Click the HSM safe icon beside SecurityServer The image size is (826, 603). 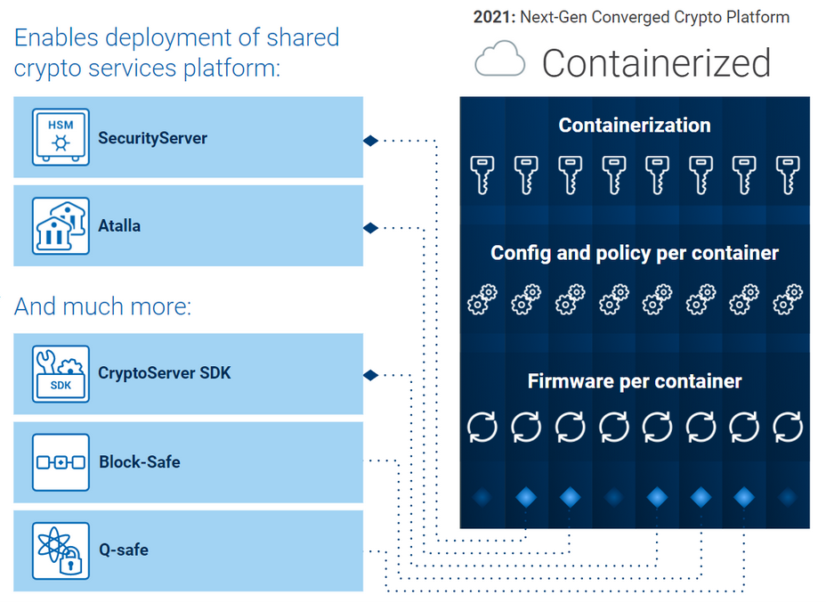(61, 136)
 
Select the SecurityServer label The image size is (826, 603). (152, 138)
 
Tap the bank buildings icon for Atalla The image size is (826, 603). (61, 225)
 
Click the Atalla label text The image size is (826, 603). (119, 226)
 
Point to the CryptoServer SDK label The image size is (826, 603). (164, 373)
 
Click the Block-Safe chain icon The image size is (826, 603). (61, 462)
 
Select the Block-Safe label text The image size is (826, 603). (139, 462)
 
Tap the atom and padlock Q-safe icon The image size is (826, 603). (61, 550)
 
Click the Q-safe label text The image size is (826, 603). (124, 550)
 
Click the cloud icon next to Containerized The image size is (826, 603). (500, 62)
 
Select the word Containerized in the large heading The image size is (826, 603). (656, 63)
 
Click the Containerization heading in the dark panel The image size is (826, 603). (634, 126)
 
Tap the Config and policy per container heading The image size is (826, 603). (634, 253)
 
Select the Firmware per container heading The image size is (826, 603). (634, 381)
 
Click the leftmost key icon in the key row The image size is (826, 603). (482, 174)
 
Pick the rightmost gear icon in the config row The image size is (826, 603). (788, 300)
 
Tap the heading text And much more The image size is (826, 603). (102, 307)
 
